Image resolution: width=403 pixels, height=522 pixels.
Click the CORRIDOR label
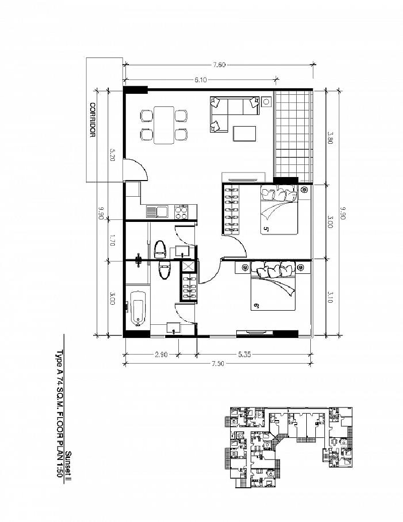click(93, 120)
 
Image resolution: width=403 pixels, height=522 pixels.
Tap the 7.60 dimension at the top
click(220, 65)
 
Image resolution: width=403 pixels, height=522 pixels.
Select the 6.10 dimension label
click(200, 80)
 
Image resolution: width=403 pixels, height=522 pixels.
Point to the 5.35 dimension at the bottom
click(244, 355)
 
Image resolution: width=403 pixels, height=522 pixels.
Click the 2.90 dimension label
click(161, 355)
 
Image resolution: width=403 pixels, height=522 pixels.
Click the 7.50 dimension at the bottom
click(218, 364)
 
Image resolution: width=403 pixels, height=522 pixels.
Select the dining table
click(164, 125)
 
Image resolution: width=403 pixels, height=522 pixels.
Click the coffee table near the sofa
click(244, 134)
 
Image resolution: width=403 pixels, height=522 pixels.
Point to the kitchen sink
click(157, 212)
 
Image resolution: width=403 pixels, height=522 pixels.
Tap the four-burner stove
click(181, 212)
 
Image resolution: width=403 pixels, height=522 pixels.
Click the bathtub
click(138, 308)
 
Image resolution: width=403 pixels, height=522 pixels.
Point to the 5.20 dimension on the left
click(112, 155)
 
